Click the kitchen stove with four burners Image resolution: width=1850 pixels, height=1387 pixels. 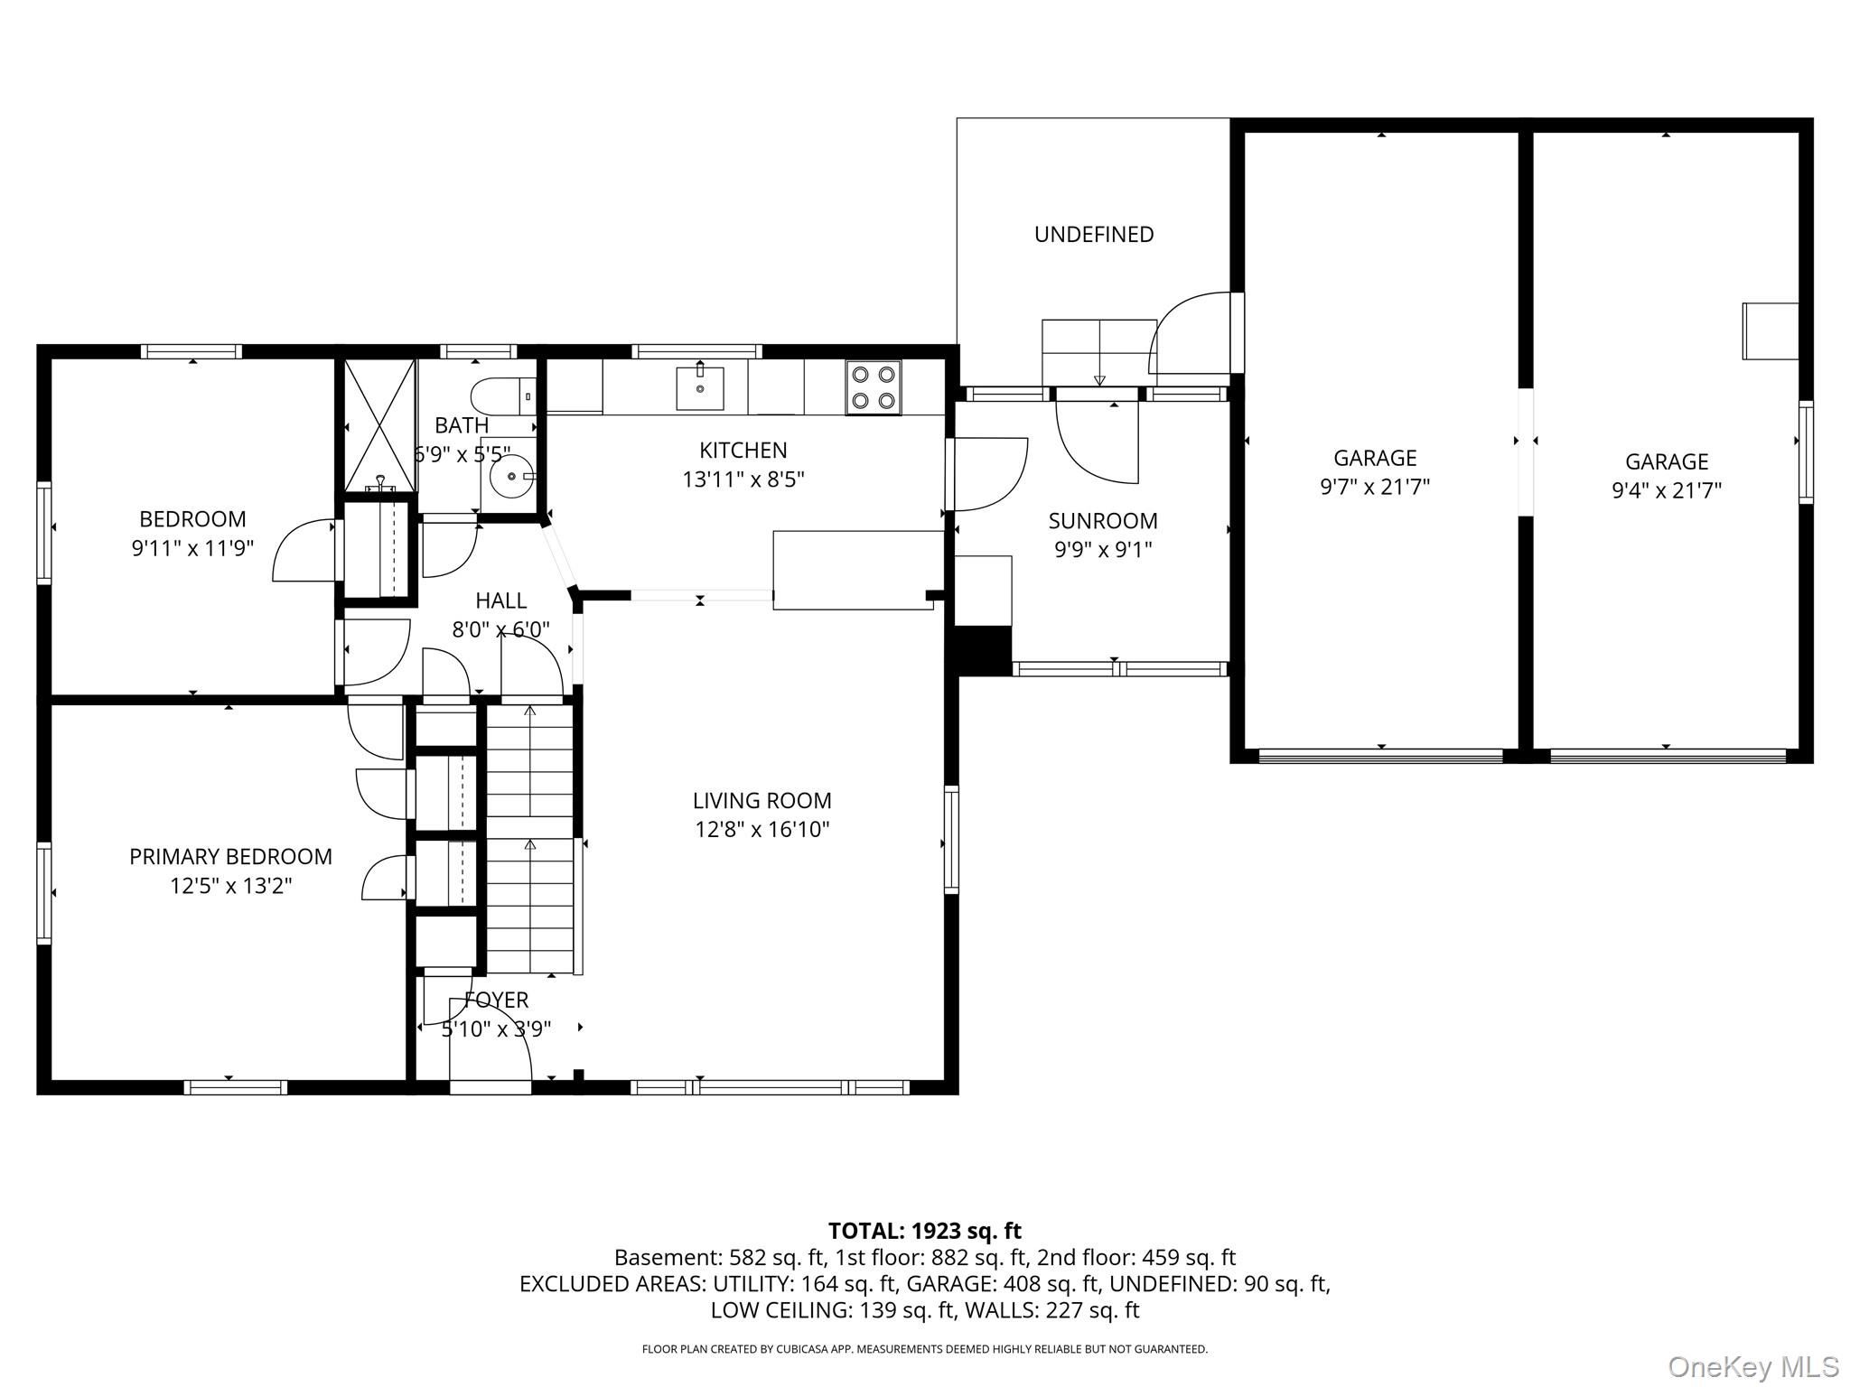[873, 388]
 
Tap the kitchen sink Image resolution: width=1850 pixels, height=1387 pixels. [700, 388]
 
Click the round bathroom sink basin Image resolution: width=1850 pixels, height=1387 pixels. [511, 475]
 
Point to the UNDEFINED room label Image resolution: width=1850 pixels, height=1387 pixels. [1094, 235]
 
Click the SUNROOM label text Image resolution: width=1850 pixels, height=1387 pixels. [1103, 521]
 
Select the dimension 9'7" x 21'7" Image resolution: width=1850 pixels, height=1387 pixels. [1375, 488]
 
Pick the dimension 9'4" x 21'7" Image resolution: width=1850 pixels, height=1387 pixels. [1667, 491]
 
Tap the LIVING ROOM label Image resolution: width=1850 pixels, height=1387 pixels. [761, 801]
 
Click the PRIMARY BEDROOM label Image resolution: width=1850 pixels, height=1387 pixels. [230, 857]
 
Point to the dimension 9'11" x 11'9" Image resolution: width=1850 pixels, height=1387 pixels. [192, 548]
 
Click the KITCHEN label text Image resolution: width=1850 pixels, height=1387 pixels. [743, 451]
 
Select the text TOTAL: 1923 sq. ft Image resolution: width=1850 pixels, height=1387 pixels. [924, 1231]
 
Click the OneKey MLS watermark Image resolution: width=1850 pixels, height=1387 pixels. [1752, 1366]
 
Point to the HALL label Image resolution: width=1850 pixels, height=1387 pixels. [500, 600]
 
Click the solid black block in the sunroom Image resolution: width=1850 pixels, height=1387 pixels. [983, 650]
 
